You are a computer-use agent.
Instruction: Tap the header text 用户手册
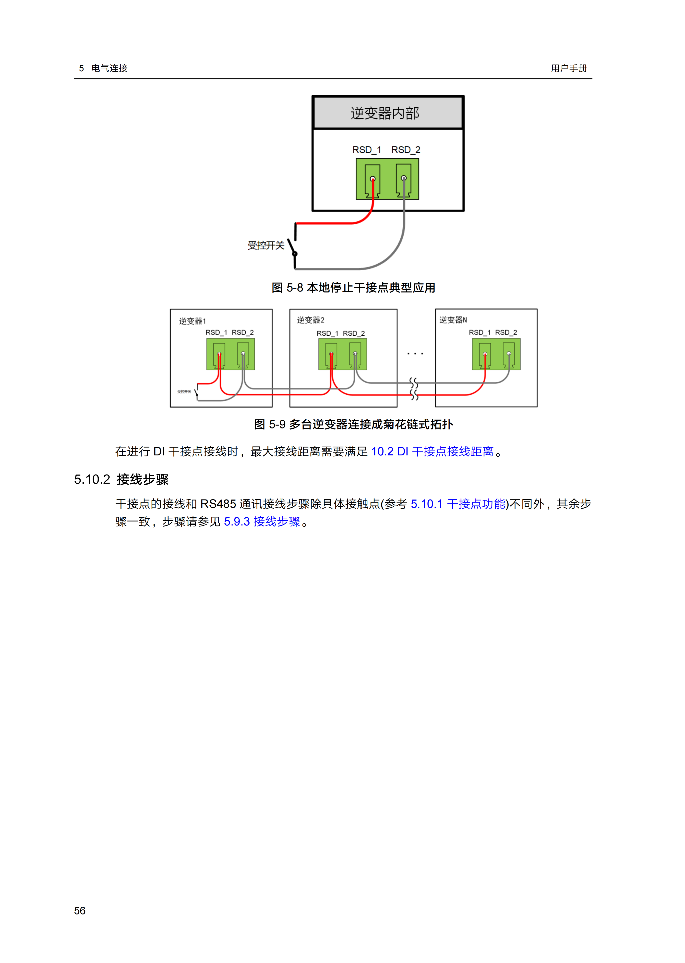[x=569, y=68]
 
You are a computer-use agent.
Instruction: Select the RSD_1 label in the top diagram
[x=367, y=150]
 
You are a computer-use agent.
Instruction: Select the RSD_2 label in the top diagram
[x=406, y=150]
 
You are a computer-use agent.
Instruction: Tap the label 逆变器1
[x=192, y=321]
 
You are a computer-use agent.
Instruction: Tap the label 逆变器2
[x=311, y=320]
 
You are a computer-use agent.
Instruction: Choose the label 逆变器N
[x=453, y=320]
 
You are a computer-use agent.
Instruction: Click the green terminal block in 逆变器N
[x=496, y=354]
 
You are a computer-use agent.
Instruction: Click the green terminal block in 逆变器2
[x=342, y=354]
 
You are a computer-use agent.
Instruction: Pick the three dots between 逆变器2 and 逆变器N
[x=415, y=354]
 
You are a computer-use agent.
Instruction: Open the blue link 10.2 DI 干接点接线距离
[x=432, y=452]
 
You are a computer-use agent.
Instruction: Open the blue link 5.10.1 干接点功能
[x=458, y=504]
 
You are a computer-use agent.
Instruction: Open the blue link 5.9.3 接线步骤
[x=262, y=522]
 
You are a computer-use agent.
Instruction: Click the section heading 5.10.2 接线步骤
[x=121, y=480]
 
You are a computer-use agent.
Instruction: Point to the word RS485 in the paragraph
[x=218, y=504]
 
